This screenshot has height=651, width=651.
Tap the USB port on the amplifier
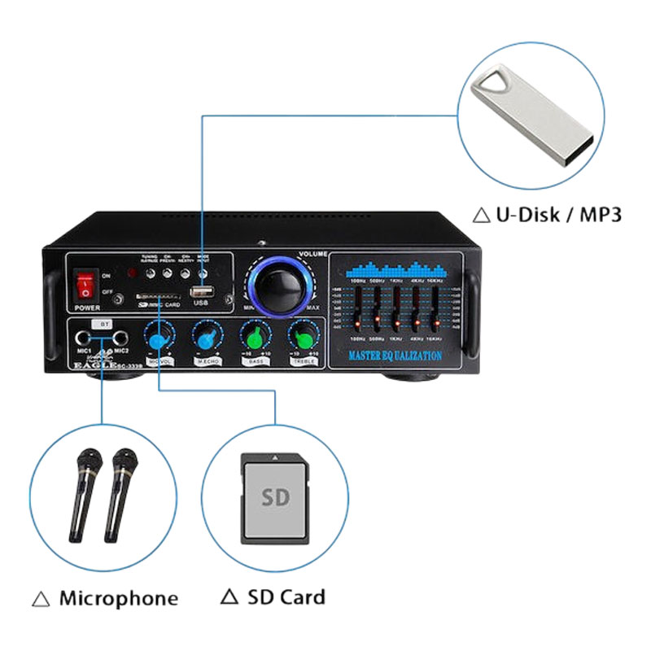point(200,291)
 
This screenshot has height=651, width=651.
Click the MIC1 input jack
point(83,339)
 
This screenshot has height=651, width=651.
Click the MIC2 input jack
point(119,339)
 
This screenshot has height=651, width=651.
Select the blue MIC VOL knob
point(159,337)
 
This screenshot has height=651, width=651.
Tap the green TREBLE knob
point(302,337)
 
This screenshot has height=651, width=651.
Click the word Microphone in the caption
point(118,599)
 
